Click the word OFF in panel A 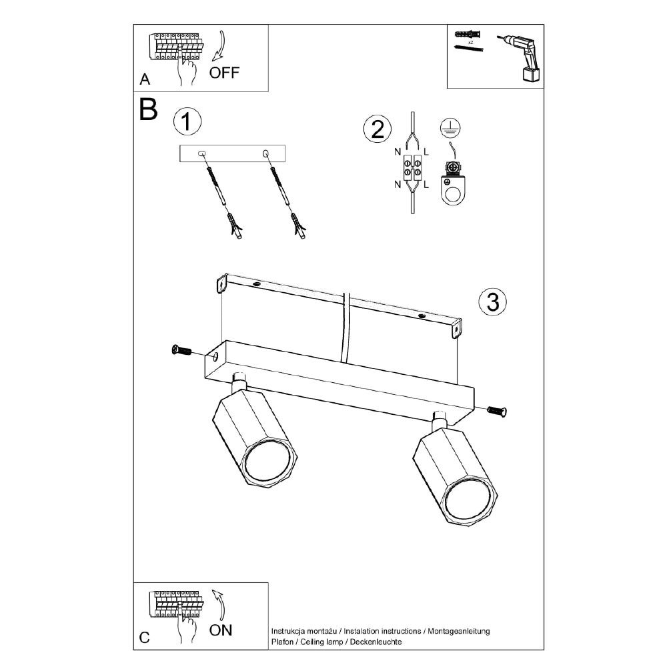(224, 73)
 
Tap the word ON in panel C (220, 630)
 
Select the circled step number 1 (187, 121)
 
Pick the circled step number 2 (378, 129)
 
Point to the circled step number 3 (493, 302)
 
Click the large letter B (149, 109)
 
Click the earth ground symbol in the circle (450, 127)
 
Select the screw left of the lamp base (181, 350)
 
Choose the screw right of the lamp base (496, 411)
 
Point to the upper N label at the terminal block (398, 151)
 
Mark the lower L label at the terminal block (426, 184)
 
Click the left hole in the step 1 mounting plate (201, 153)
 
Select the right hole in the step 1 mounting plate (265, 153)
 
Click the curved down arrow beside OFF (219, 45)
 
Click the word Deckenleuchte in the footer (376, 642)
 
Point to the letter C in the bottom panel (144, 637)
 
